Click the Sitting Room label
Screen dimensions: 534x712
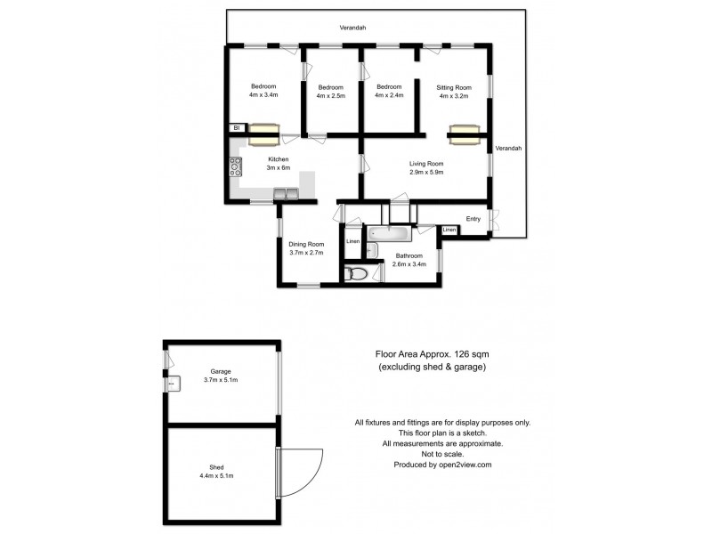(x=453, y=87)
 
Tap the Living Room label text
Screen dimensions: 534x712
(x=426, y=164)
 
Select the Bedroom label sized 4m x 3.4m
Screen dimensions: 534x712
(x=263, y=86)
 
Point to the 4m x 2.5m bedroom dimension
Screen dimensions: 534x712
(x=331, y=95)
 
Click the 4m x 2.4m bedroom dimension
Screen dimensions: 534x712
(x=389, y=95)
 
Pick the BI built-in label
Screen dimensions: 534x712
(x=237, y=128)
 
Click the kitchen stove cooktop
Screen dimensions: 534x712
(x=236, y=166)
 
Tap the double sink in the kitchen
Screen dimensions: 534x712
(x=286, y=193)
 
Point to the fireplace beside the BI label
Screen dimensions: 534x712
(x=263, y=134)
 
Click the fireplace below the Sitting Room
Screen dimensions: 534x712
(x=464, y=135)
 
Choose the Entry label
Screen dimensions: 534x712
(x=473, y=219)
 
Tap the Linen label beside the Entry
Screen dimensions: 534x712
(x=449, y=230)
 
